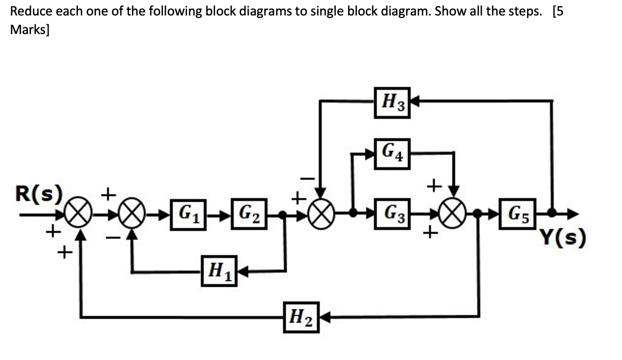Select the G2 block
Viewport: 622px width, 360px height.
click(x=248, y=212)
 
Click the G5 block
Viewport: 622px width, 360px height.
click(x=521, y=212)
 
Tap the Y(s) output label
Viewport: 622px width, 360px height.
click(x=563, y=238)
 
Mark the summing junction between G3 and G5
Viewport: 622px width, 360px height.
click(x=454, y=212)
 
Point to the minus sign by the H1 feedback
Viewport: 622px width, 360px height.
click(x=117, y=238)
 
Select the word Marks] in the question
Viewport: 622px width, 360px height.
click(x=30, y=29)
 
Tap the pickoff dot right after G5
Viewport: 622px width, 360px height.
click(x=552, y=212)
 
